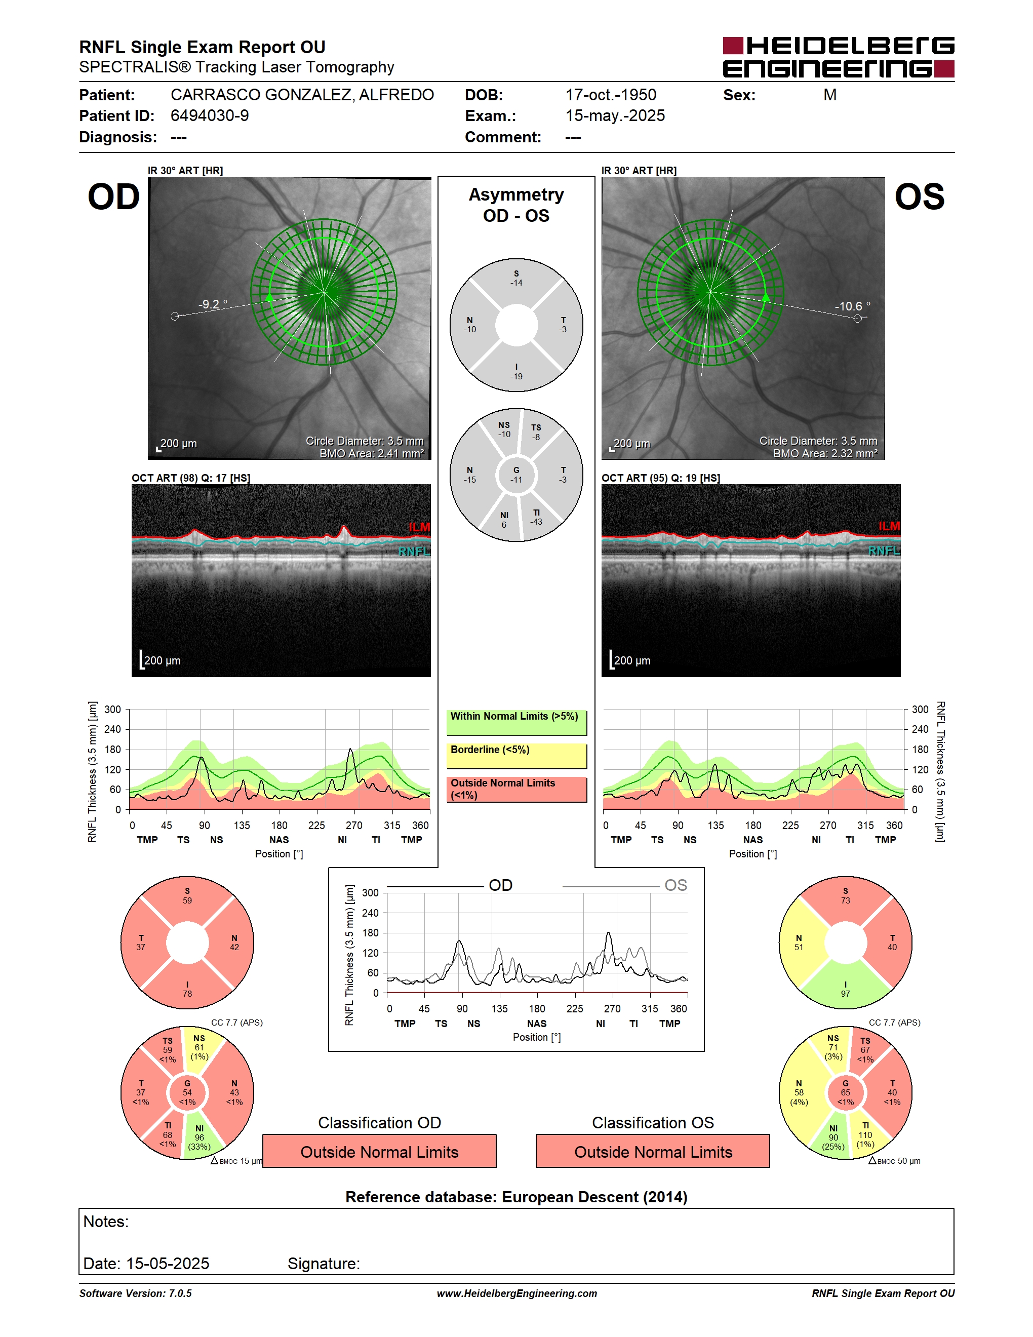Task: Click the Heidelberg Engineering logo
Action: [839, 58]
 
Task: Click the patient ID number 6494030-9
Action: [209, 115]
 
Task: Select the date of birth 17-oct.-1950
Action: [611, 95]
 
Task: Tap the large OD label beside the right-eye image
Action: [114, 197]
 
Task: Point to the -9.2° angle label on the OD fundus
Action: [212, 304]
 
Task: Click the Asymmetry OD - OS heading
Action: [516, 205]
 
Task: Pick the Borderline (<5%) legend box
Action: [516, 756]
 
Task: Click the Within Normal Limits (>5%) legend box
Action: [516, 722]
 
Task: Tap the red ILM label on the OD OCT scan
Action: [419, 527]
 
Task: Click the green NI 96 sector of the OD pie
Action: [200, 1137]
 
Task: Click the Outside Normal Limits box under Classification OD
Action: [379, 1152]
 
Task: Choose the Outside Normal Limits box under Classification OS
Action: [653, 1152]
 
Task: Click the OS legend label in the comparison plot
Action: [676, 885]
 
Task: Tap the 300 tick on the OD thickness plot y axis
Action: [112, 710]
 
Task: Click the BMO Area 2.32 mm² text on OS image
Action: [825, 454]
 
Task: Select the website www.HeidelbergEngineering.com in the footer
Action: [516, 1293]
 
